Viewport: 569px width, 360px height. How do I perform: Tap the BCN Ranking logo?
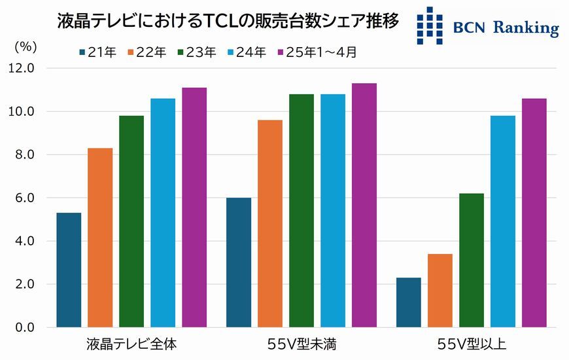pos(488,26)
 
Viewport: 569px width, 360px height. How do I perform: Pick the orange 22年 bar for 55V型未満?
pos(270,223)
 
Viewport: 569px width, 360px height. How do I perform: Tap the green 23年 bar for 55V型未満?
pos(302,210)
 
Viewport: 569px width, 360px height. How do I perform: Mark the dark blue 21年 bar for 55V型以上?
pos(409,302)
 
